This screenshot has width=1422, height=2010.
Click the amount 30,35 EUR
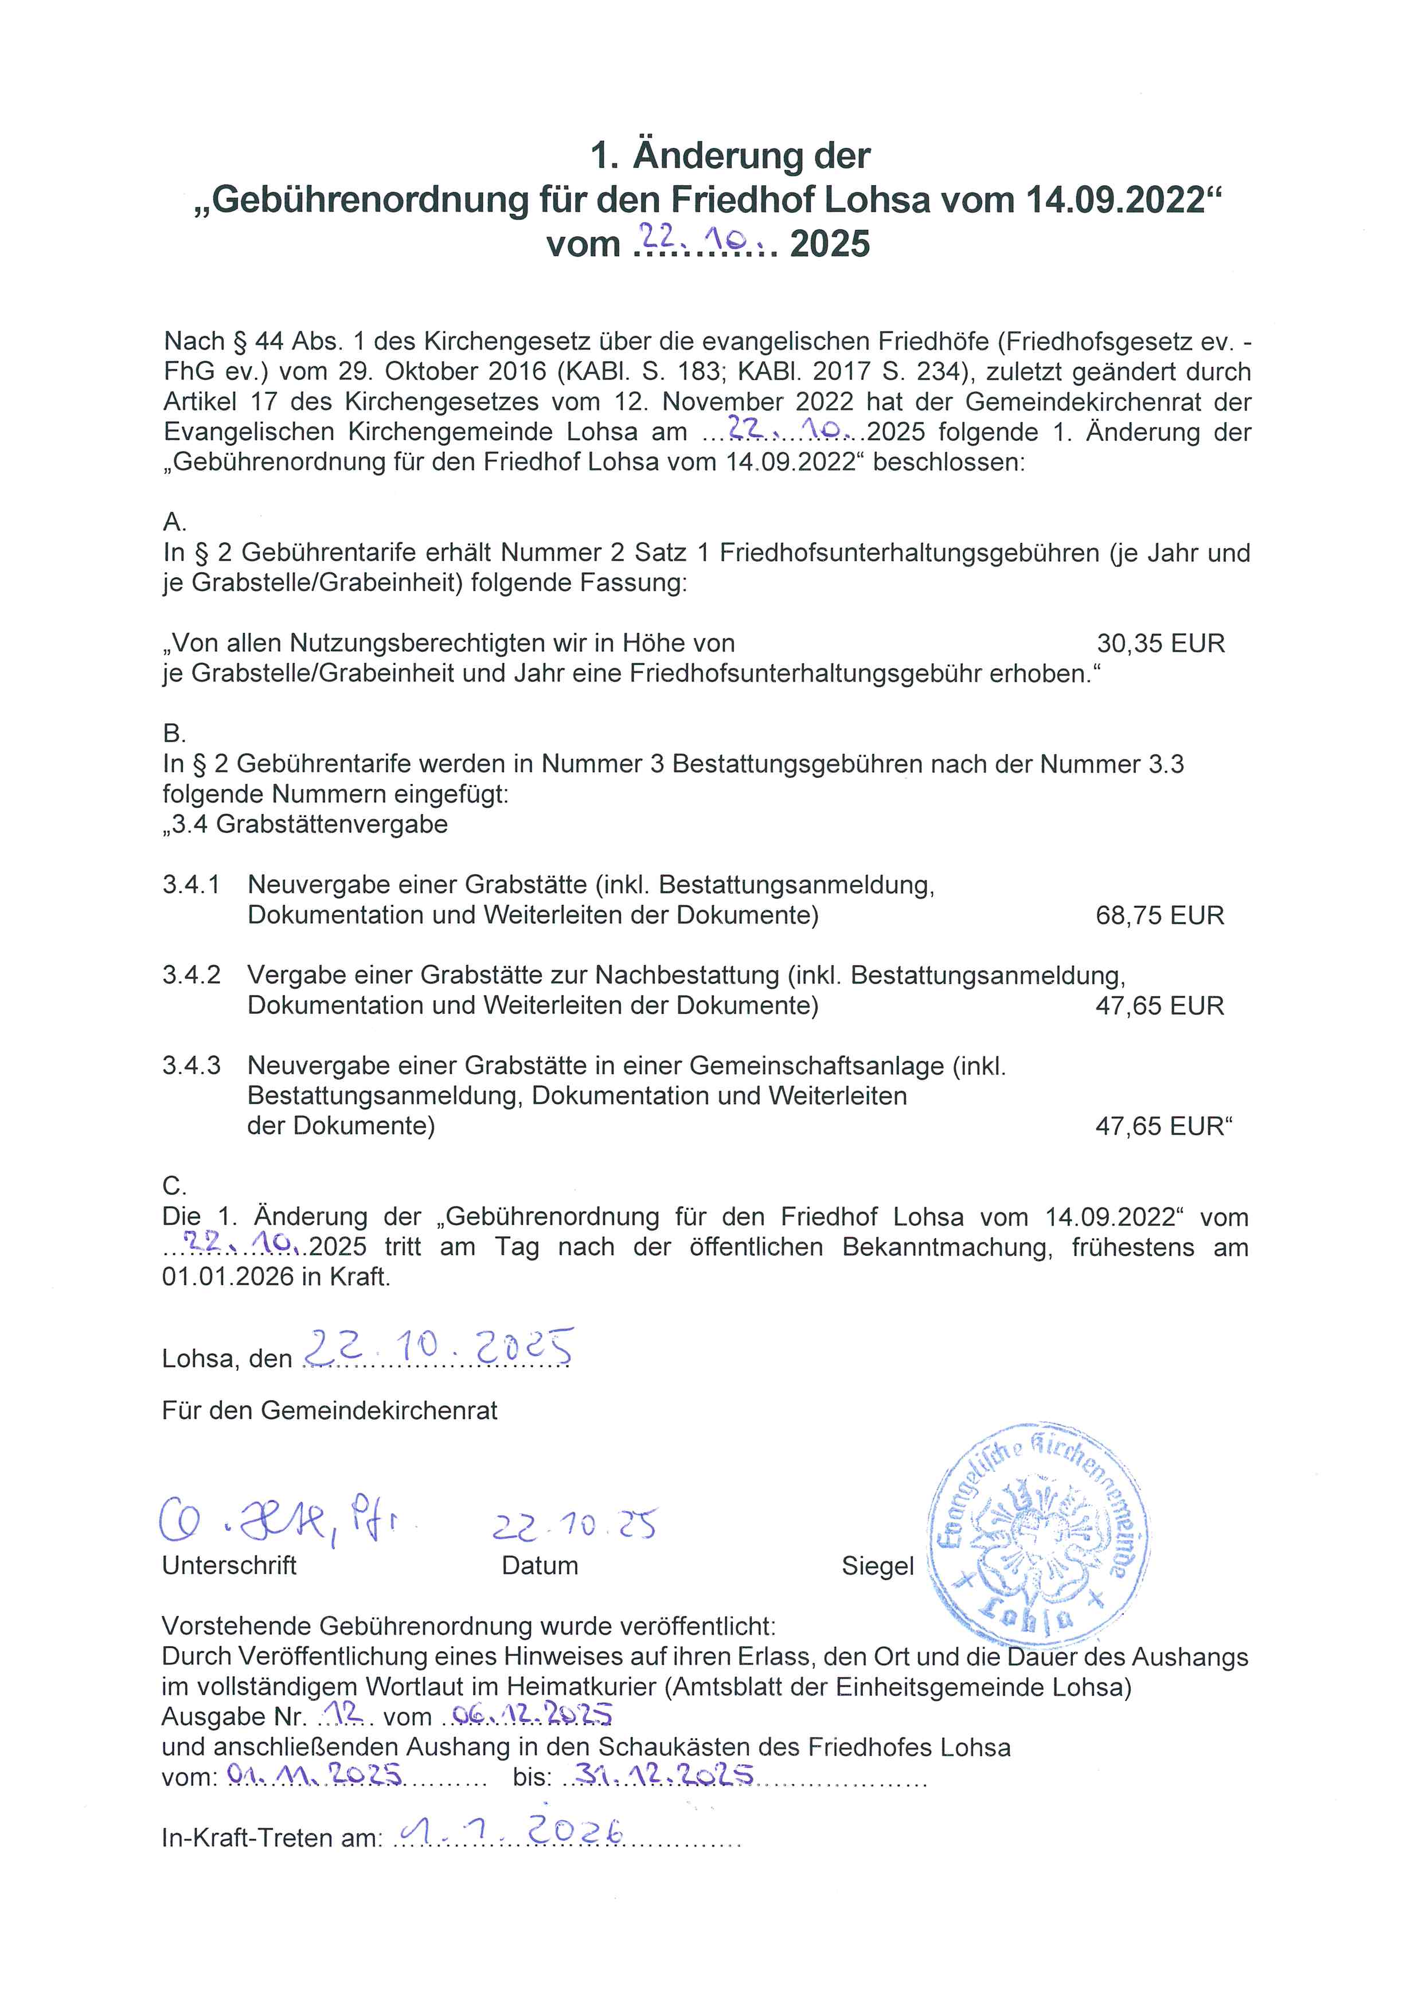tap(1160, 644)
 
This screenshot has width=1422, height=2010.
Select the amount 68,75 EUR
tap(1159, 916)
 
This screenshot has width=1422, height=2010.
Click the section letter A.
tap(174, 523)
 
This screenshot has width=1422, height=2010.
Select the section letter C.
tap(174, 1186)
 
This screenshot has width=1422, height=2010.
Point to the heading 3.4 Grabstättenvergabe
tap(306, 825)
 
